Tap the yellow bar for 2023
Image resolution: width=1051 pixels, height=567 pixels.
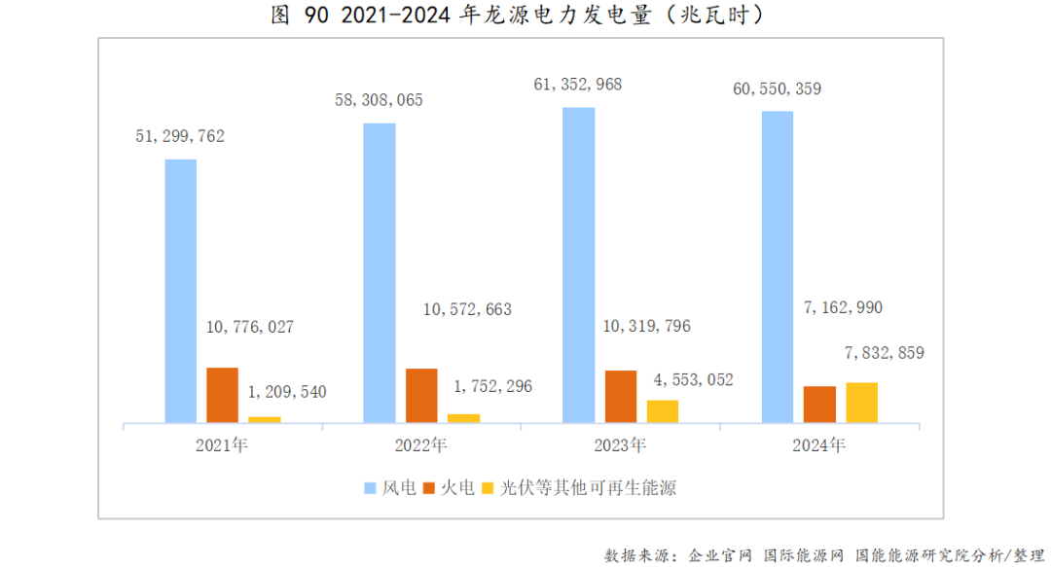point(663,410)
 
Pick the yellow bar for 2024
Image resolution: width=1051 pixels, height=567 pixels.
point(861,402)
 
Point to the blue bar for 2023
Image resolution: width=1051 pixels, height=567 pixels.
point(579,265)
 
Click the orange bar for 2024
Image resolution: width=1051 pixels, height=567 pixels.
point(819,404)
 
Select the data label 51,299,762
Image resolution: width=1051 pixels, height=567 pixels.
point(180,136)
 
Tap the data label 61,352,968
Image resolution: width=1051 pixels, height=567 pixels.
point(578,85)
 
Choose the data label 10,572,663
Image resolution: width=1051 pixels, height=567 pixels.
point(467,309)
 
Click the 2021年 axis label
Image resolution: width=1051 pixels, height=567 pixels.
point(222,446)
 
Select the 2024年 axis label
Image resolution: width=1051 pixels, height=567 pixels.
point(819,446)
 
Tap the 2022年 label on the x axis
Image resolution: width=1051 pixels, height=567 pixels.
point(420,446)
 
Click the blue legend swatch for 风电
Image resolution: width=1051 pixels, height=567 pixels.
point(370,487)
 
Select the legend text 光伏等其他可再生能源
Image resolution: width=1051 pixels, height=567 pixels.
point(588,487)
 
